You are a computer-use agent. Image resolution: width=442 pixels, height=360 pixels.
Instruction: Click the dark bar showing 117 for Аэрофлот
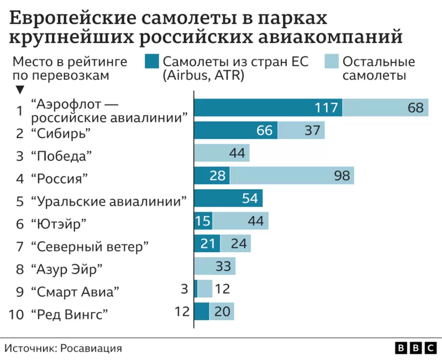pyautogui.click(x=268, y=107)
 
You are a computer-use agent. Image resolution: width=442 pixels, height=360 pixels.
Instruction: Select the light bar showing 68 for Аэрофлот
pyautogui.click(x=385, y=107)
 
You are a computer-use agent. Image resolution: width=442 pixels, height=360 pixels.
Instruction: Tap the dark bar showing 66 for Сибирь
pyautogui.click(x=235, y=131)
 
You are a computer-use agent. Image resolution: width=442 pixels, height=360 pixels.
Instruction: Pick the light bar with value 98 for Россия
pyautogui.click(x=292, y=176)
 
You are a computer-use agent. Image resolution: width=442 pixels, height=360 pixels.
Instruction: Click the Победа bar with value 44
pyautogui.click(x=222, y=153)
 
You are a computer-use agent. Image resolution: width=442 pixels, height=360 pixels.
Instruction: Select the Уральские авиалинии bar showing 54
pyautogui.click(x=228, y=199)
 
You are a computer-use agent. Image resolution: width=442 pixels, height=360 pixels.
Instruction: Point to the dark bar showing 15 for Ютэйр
pyautogui.click(x=203, y=221)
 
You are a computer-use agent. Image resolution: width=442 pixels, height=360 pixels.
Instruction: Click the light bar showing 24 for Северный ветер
pyautogui.click(x=235, y=244)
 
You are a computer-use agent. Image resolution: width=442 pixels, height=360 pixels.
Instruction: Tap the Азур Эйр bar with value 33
pyautogui.click(x=214, y=267)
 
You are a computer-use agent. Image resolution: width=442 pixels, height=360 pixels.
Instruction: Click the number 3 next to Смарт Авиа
pyautogui.click(x=185, y=289)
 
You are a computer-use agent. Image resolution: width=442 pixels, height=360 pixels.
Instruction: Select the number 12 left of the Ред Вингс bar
pyautogui.click(x=182, y=311)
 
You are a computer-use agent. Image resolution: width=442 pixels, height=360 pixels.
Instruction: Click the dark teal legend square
pyautogui.click(x=152, y=62)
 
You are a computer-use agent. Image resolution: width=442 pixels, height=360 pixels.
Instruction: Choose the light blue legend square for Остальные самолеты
pyautogui.click(x=331, y=62)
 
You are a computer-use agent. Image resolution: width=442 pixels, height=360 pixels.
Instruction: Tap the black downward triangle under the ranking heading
pyautogui.click(x=20, y=90)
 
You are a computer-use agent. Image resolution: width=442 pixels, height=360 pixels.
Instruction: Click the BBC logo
pyautogui.click(x=415, y=348)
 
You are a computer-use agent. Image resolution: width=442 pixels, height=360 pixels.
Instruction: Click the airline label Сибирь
pyautogui.click(x=61, y=133)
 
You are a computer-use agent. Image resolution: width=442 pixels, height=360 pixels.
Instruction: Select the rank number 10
pyautogui.click(x=17, y=315)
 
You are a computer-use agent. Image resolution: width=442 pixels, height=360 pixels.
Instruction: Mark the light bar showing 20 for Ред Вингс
pyautogui.click(x=222, y=311)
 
